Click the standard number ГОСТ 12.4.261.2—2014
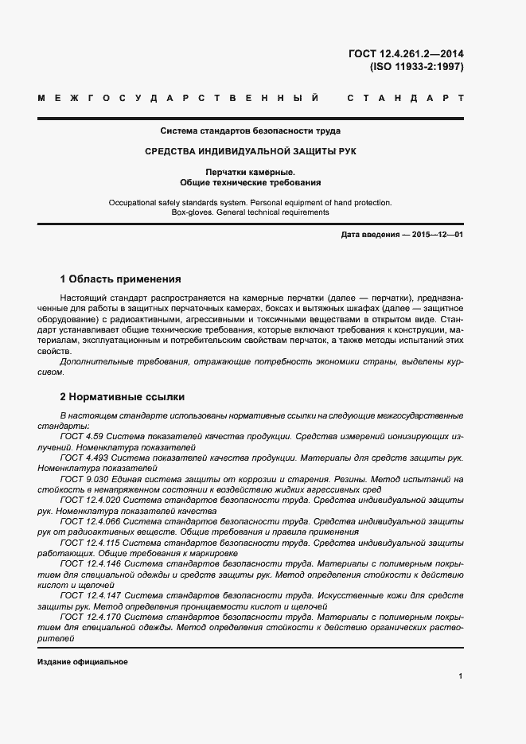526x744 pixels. (x=406, y=54)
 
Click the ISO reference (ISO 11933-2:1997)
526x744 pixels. (x=416, y=67)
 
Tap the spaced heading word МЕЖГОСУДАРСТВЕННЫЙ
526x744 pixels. (x=178, y=99)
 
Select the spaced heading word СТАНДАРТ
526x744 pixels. (x=406, y=99)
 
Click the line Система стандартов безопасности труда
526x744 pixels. (x=251, y=130)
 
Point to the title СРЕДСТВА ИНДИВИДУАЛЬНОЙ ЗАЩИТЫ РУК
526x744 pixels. (x=251, y=151)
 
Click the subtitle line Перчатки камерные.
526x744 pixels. (x=251, y=172)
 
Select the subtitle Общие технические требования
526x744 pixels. (x=251, y=182)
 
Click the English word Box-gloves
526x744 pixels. (x=193, y=212)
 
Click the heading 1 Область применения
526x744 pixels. (x=120, y=279)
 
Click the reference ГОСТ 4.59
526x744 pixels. (x=82, y=437)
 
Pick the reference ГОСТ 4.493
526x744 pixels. (x=84, y=459)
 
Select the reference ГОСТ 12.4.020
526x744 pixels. (x=89, y=502)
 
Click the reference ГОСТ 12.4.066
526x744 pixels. (x=89, y=520)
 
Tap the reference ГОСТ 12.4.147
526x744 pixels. (x=89, y=595)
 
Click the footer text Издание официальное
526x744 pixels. (x=82, y=662)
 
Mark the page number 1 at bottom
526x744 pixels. (x=461, y=676)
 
